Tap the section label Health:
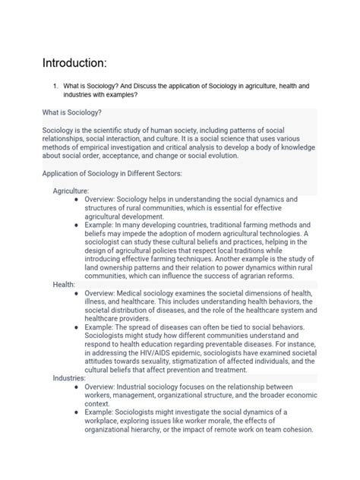click(x=64, y=283)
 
